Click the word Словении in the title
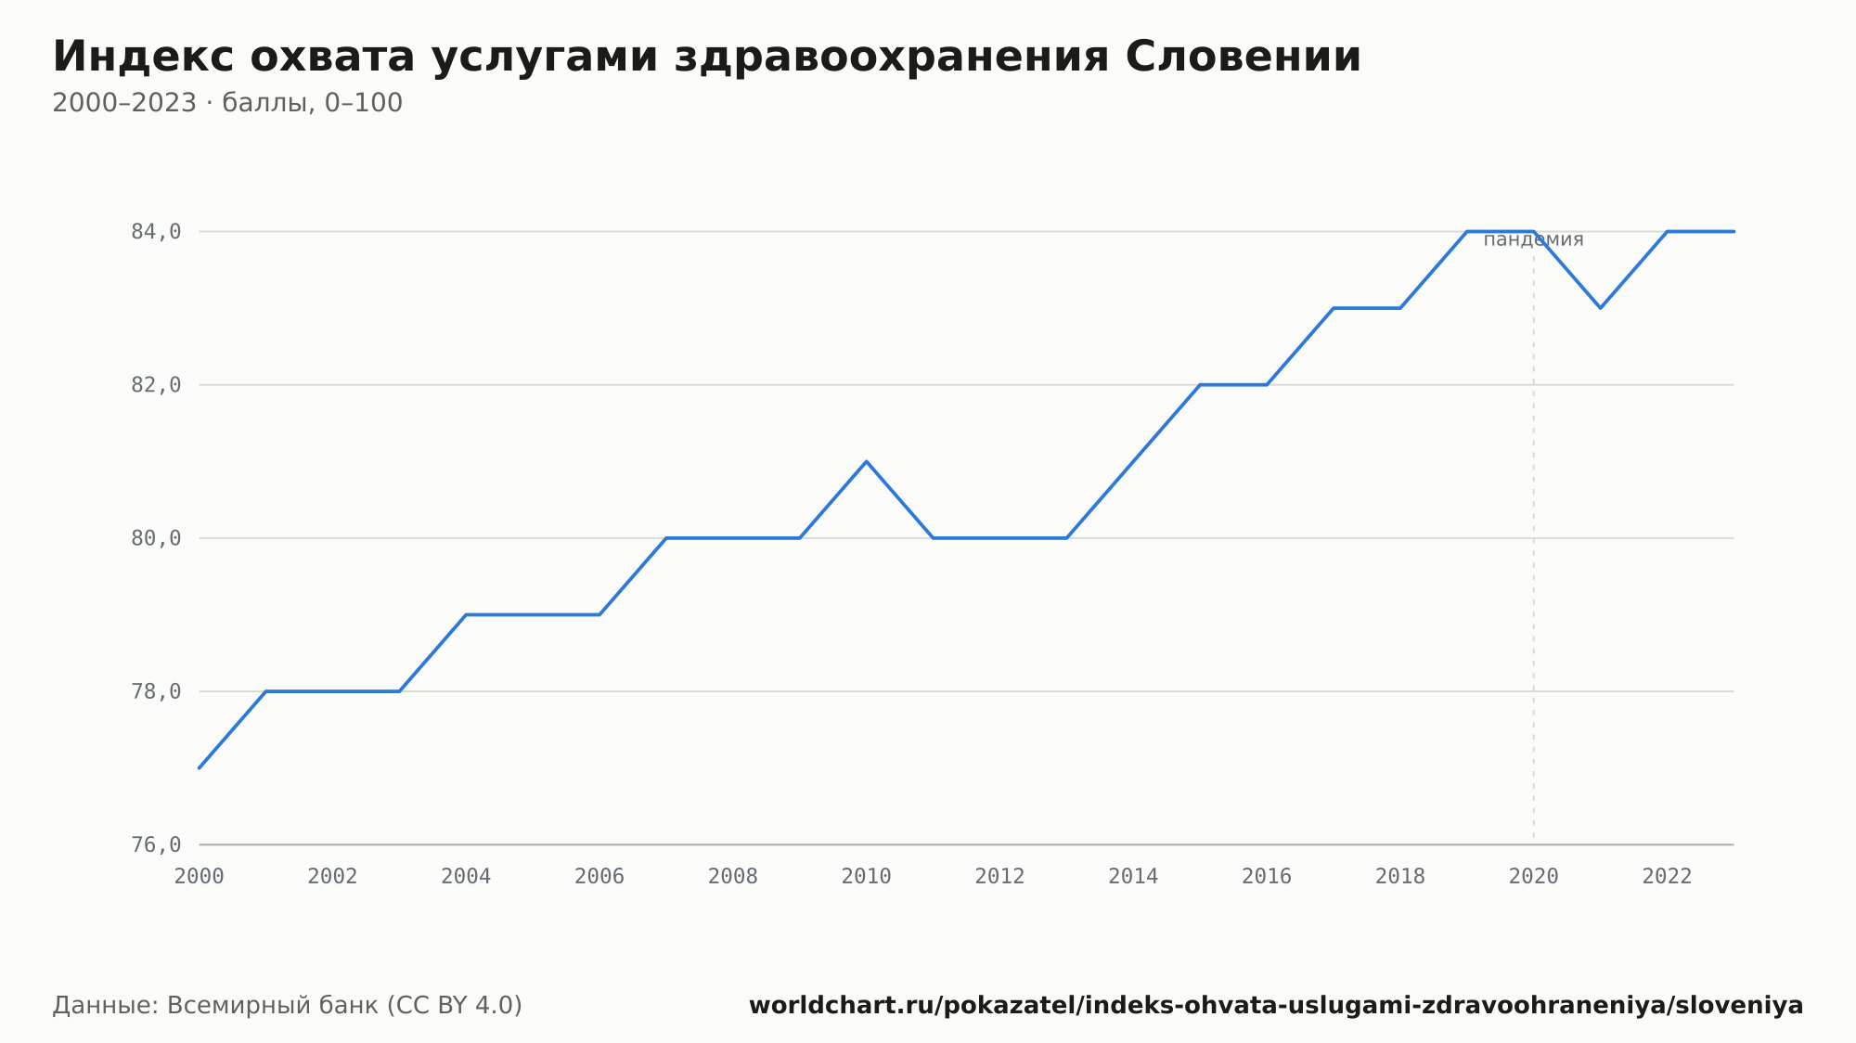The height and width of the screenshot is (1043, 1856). point(1243,57)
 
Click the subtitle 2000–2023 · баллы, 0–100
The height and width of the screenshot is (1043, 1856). point(227,103)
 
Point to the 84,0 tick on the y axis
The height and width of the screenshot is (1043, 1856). point(156,232)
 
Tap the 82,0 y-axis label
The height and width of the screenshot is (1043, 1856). point(156,385)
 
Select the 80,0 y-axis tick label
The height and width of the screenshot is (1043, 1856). point(156,538)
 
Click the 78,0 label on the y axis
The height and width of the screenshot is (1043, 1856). point(156,691)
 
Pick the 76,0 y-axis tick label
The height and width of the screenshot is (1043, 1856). point(156,844)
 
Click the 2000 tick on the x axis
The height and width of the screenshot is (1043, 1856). point(200,877)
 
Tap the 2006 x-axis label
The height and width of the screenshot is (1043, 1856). point(599,877)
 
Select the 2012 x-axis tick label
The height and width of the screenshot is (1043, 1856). point(1000,877)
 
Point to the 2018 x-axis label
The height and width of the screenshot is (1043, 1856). point(1400,877)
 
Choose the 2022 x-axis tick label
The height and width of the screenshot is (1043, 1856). point(1668,877)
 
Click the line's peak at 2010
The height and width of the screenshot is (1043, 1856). point(867,461)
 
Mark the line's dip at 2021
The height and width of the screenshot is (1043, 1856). point(1601,307)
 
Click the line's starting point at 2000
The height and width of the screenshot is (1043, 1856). point(200,767)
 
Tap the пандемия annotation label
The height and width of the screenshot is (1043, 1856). point(1533,239)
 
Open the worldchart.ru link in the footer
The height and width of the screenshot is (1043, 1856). point(1276,1006)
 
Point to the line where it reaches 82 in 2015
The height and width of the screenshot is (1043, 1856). point(1200,385)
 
